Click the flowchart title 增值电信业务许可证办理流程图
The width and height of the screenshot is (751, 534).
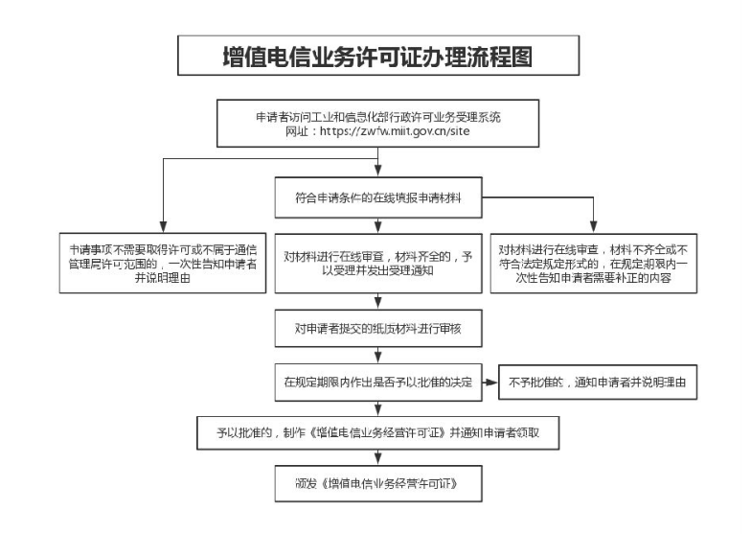377,57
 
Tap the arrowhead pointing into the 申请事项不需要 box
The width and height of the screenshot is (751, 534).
163,228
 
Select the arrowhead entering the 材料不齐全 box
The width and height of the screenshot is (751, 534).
593,228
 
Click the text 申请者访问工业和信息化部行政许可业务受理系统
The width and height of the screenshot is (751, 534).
377,115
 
